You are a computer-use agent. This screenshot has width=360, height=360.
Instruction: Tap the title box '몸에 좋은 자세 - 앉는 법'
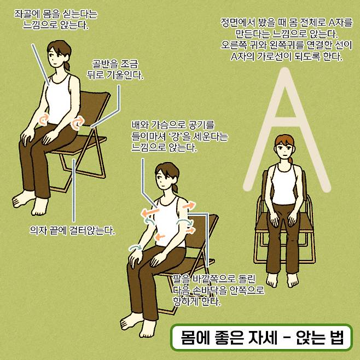(262, 337)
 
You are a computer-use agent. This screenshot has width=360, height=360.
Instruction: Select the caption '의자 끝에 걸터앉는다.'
(72, 230)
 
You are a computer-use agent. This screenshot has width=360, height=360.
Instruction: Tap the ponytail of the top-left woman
(67, 65)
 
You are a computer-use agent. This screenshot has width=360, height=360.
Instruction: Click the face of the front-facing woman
(284, 150)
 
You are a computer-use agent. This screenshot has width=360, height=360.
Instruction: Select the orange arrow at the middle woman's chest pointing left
(150, 212)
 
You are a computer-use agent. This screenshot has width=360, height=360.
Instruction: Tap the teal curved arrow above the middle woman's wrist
(136, 247)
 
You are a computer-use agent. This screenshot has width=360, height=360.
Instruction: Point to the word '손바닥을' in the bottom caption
(205, 290)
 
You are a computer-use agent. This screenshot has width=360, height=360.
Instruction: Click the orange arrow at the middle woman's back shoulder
(189, 205)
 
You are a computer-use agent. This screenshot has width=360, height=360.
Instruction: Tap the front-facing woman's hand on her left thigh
(292, 218)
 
